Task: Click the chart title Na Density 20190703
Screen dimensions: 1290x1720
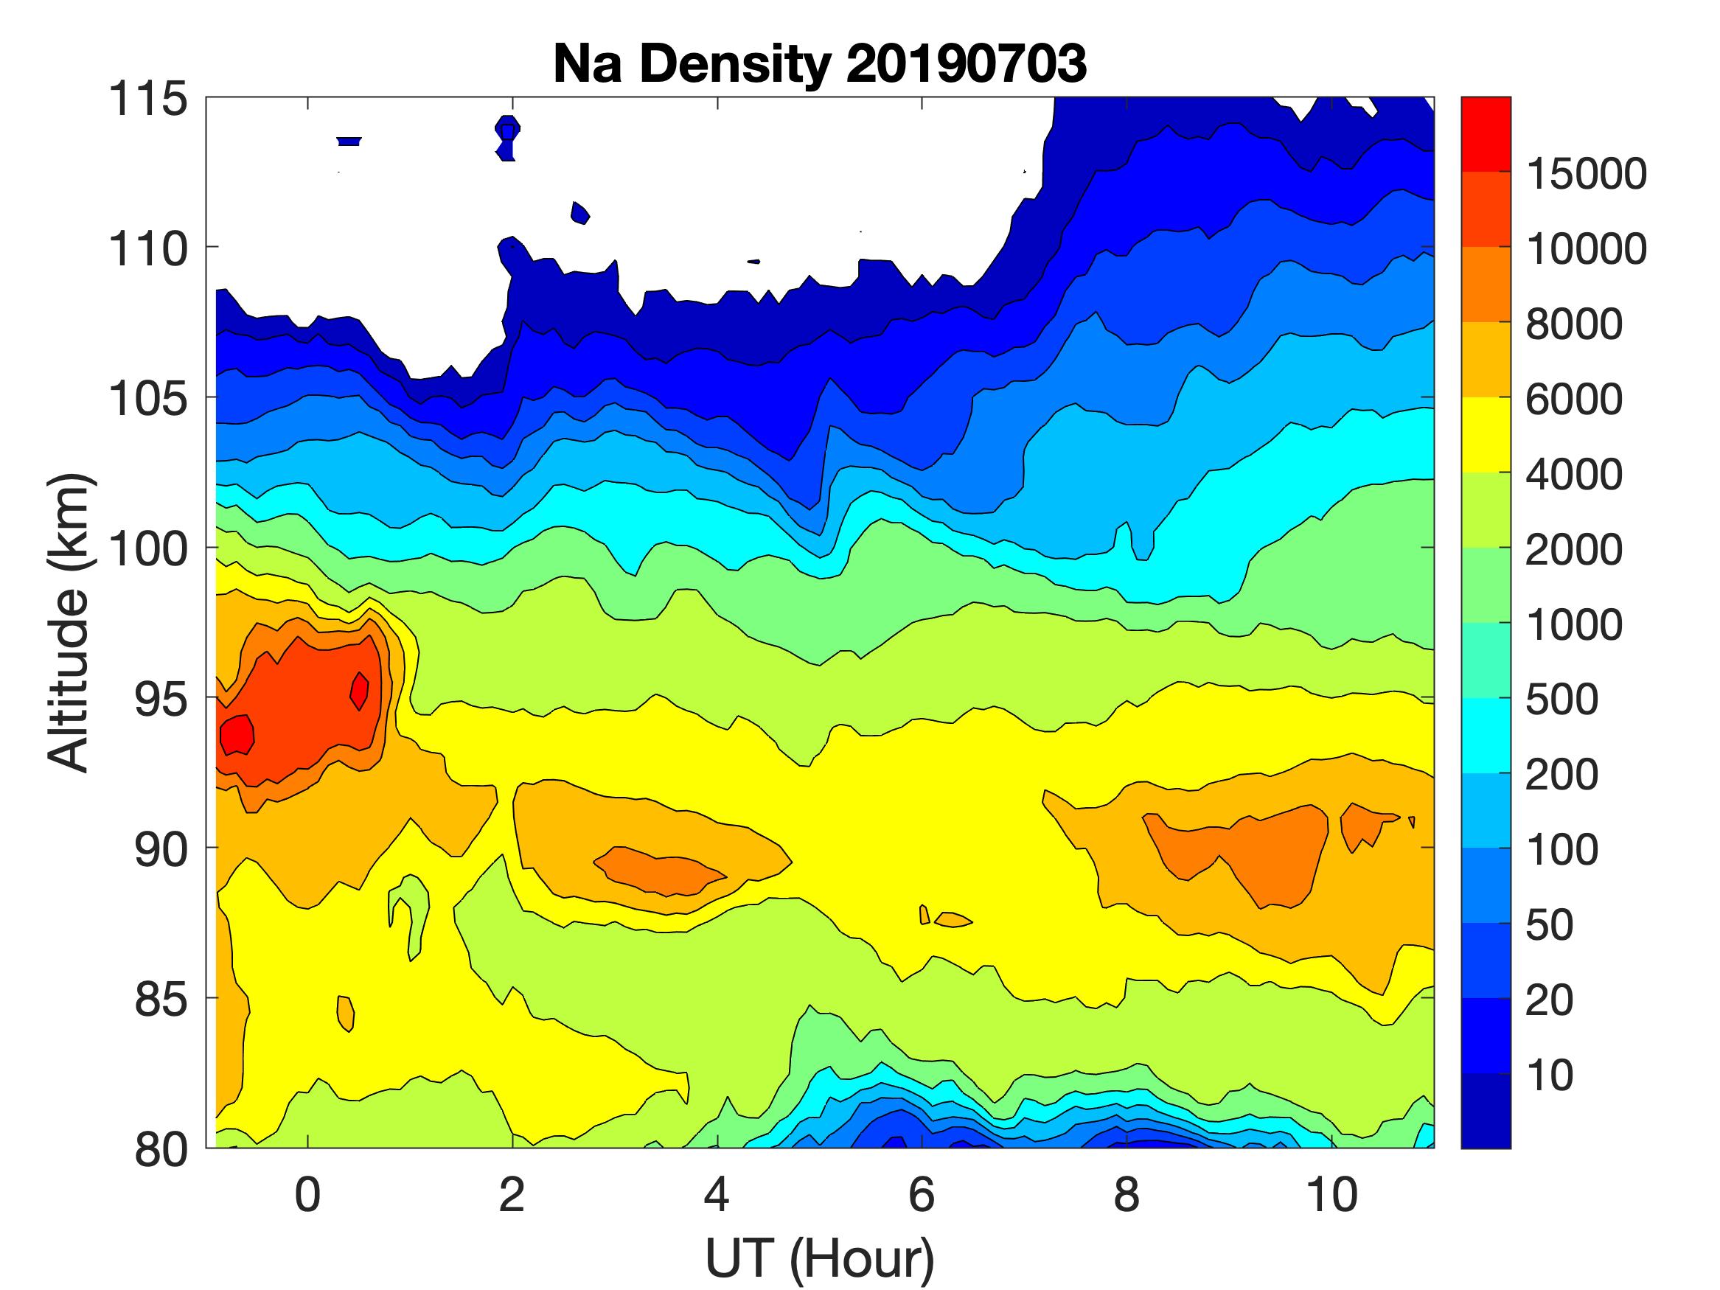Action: pyautogui.click(x=820, y=63)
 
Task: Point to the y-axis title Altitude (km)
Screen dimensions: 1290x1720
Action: pyautogui.click(x=69, y=622)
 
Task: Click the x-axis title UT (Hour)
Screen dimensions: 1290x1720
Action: pyautogui.click(x=820, y=1258)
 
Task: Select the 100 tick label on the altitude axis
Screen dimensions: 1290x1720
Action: pyautogui.click(x=147, y=549)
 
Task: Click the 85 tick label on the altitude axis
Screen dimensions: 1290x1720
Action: pyautogui.click(x=161, y=999)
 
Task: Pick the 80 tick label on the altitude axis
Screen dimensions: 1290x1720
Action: pyautogui.click(x=161, y=1149)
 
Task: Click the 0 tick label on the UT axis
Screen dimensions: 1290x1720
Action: pyautogui.click(x=308, y=1195)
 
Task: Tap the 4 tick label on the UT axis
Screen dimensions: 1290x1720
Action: pyautogui.click(x=717, y=1195)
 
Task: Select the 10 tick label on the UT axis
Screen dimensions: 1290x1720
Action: pyautogui.click(x=1331, y=1195)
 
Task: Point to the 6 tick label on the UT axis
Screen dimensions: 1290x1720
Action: pyautogui.click(x=922, y=1195)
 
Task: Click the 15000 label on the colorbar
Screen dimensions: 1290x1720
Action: pyautogui.click(x=1587, y=173)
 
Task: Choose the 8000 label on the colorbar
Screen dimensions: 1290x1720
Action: pyautogui.click(x=1574, y=324)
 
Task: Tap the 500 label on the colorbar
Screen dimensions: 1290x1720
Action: pyautogui.click(x=1561, y=700)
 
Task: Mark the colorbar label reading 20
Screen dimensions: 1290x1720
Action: pyautogui.click(x=1549, y=1000)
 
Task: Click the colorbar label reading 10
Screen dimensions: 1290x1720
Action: pyautogui.click(x=1549, y=1075)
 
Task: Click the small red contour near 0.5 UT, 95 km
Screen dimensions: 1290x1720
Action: pyautogui.click(x=359, y=691)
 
